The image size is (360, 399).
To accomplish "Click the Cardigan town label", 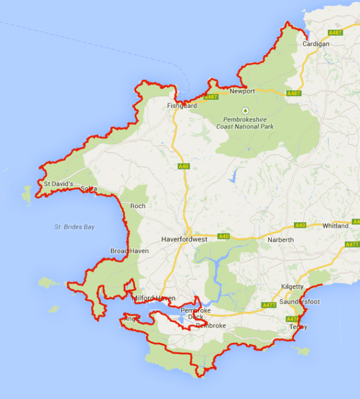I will (x=317, y=44).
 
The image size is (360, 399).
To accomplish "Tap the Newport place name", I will (x=242, y=91).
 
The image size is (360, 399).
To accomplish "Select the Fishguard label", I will (x=182, y=106).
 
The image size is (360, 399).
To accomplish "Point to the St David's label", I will (x=59, y=183).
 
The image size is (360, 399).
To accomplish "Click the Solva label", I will (x=89, y=188).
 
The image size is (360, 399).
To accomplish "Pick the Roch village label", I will (x=137, y=206).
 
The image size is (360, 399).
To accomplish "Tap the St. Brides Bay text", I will (x=74, y=227).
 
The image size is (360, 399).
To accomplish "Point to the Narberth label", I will (x=281, y=240).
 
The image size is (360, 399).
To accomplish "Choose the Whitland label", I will (x=335, y=226).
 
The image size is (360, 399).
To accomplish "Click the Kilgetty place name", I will (x=292, y=287).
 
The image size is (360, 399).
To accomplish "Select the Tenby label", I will (x=298, y=327).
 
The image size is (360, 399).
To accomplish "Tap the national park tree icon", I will (x=245, y=110).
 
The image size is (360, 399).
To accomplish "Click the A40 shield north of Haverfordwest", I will (x=183, y=166).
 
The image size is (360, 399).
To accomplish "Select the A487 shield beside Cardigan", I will (x=335, y=33).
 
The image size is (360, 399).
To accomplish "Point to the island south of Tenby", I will (x=301, y=351).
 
